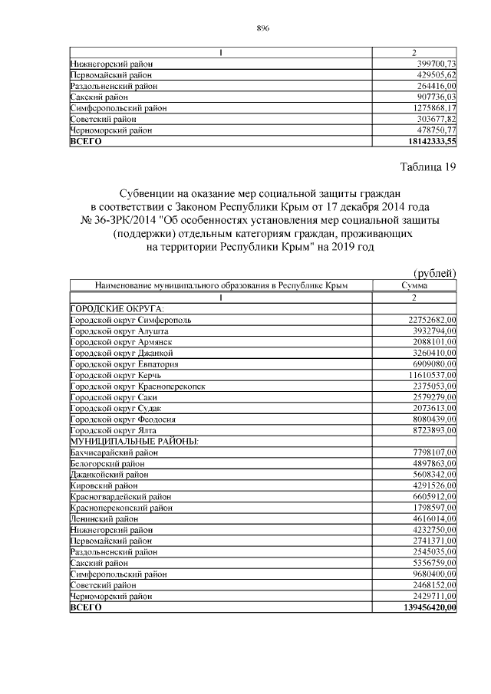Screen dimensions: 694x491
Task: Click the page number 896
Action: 263,28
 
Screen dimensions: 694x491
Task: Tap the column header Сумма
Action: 414,285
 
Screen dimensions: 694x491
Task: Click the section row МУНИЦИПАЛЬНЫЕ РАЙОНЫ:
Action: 134,442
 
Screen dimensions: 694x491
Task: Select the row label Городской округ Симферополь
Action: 131,319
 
